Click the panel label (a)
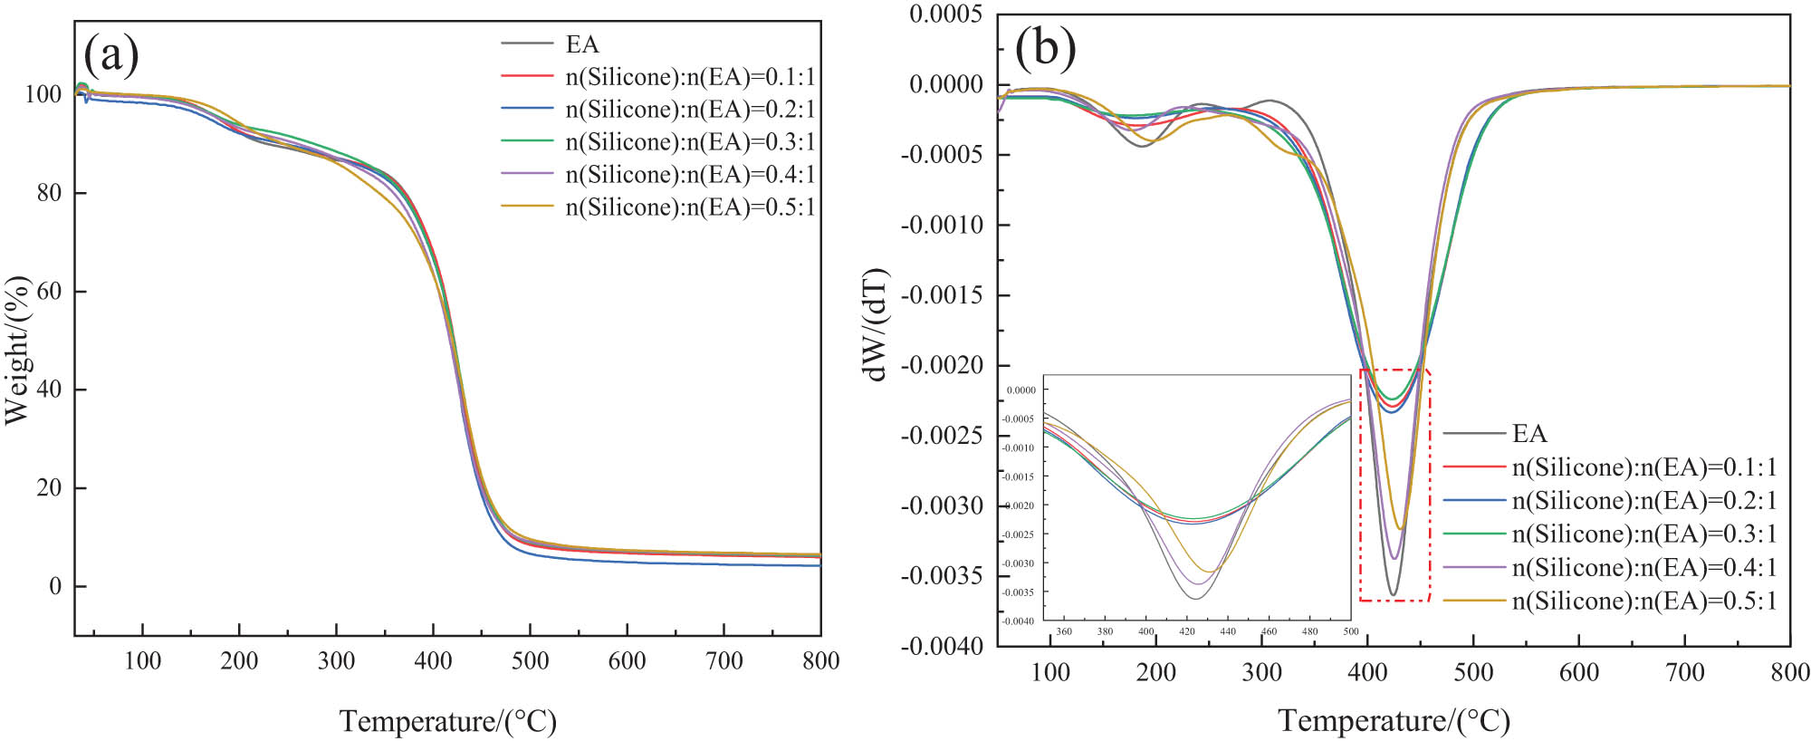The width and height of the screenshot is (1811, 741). tap(110, 53)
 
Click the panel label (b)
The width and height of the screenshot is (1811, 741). tap(1045, 46)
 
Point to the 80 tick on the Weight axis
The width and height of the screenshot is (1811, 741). tap(49, 193)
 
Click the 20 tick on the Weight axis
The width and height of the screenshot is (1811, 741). tap(49, 487)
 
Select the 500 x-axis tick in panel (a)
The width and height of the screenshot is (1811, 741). tap(530, 660)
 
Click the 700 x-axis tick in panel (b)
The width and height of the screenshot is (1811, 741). tap(1685, 672)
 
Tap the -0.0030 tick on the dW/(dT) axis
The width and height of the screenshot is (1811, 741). tap(942, 505)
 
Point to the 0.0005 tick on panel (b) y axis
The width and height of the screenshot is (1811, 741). tap(945, 14)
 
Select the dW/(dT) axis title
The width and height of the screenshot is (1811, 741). tap(876, 324)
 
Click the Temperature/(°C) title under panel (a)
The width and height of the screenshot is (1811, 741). tap(447, 721)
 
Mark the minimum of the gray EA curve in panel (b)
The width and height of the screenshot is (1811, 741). tap(1393, 595)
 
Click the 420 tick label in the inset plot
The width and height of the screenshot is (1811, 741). tap(1187, 631)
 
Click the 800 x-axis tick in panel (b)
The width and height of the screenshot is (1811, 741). tap(1790, 672)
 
